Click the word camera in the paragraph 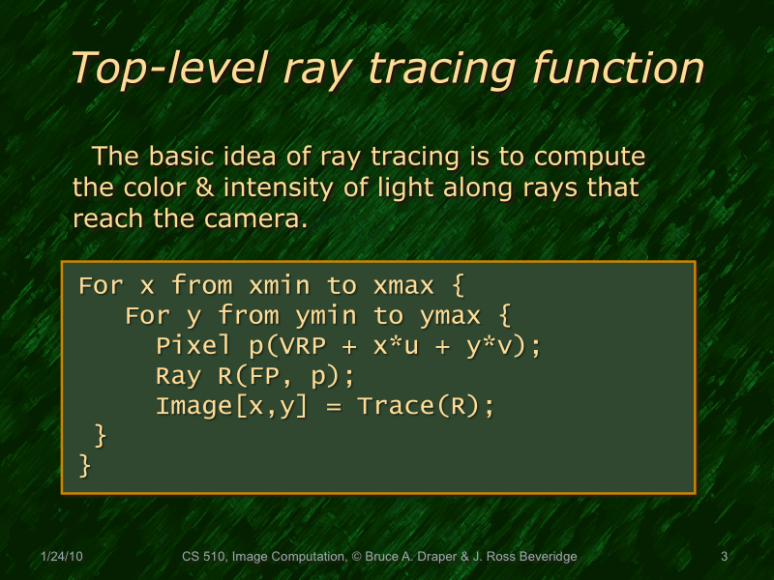(x=254, y=217)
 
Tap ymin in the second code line (x=326, y=316)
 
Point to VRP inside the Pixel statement (x=286, y=346)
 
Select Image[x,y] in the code (x=232, y=406)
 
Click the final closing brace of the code (x=85, y=466)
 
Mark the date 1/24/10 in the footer (x=62, y=557)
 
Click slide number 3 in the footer (x=724, y=557)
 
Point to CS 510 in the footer (x=204, y=557)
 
